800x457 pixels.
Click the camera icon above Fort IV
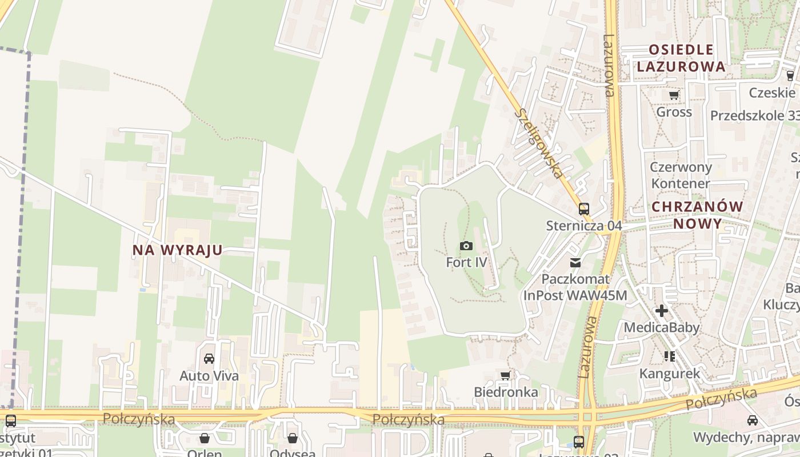pos(466,246)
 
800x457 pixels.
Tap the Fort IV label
pos(466,262)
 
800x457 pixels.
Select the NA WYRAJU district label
pos(177,250)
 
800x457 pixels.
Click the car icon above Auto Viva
pos(209,359)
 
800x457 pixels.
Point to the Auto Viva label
pos(209,376)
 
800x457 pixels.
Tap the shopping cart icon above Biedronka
pos(505,375)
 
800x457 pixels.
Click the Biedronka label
pos(506,392)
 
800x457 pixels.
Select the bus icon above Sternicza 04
pos(583,209)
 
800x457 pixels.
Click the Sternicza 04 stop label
pos(583,226)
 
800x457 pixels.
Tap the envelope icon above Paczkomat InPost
pos(575,263)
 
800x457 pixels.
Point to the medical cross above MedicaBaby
pos(662,311)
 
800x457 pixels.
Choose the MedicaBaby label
pos(662,327)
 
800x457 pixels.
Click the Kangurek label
pos(670,374)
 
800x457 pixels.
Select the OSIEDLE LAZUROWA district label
pos(681,58)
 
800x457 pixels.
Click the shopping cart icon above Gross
pos(674,95)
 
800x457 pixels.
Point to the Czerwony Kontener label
pos(681,175)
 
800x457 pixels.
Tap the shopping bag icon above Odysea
pos(293,438)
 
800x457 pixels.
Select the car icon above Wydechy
pos(753,420)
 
